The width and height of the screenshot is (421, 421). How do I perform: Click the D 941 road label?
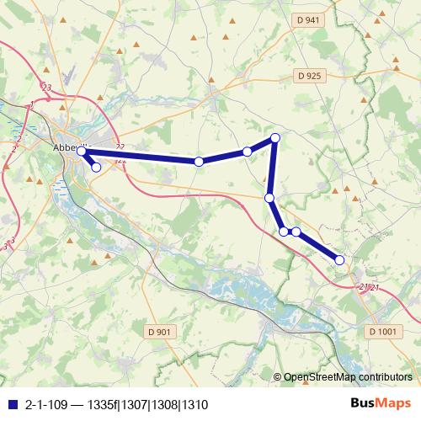click(x=309, y=20)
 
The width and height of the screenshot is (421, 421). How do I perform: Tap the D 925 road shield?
click(x=309, y=76)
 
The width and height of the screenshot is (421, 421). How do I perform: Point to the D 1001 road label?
click(x=382, y=332)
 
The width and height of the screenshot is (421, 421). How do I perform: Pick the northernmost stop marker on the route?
click(x=274, y=138)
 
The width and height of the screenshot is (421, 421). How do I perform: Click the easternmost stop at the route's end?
click(x=340, y=260)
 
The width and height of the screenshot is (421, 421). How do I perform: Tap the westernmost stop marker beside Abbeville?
click(x=82, y=152)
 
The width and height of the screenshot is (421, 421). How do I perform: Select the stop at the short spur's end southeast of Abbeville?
click(x=96, y=168)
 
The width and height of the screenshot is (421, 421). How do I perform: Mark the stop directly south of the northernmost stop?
click(x=269, y=198)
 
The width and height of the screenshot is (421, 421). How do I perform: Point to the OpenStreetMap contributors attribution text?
click(x=348, y=377)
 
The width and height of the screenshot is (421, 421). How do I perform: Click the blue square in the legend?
click(x=11, y=403)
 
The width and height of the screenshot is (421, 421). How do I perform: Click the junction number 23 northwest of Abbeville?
click(x=45, y=88)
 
